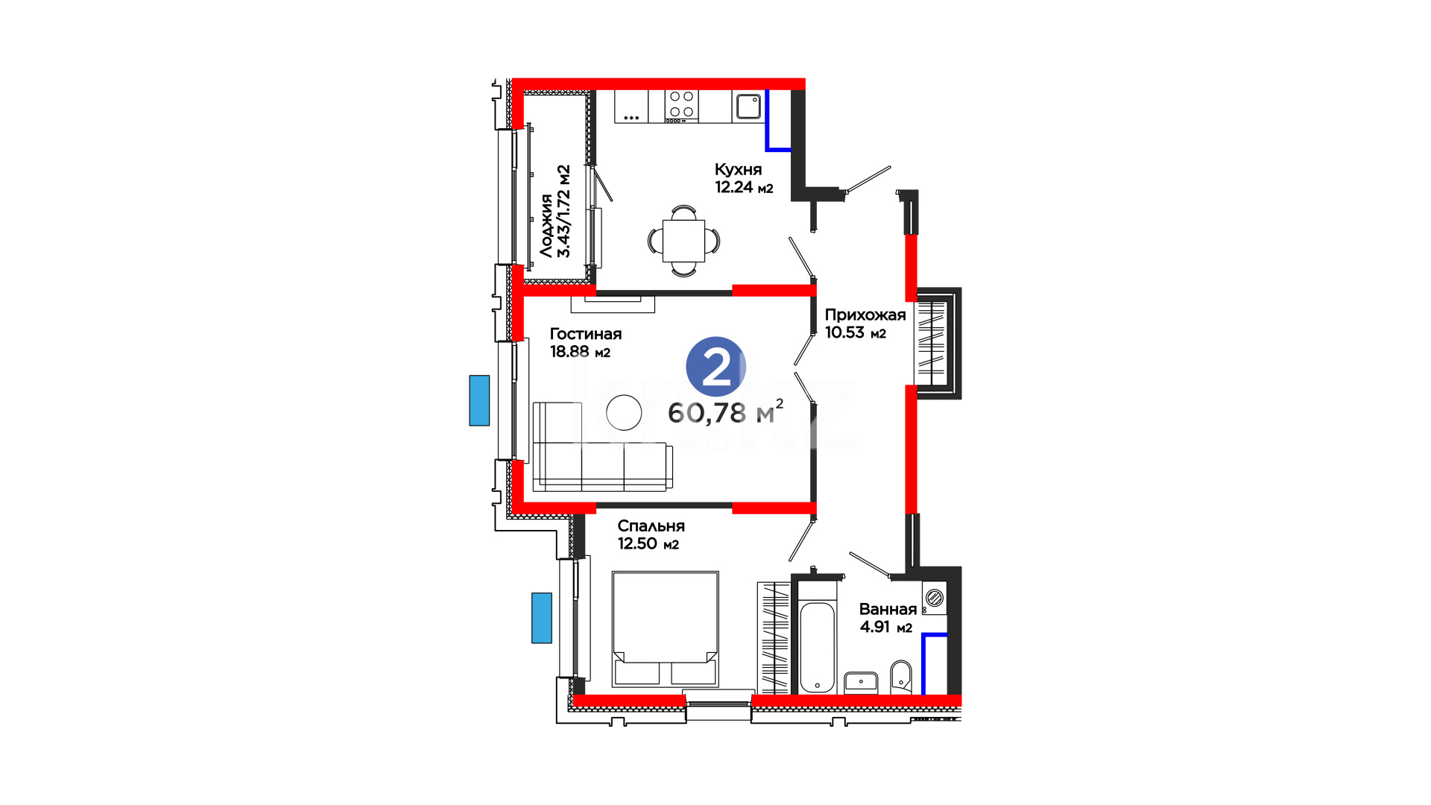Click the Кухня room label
pos(738,170)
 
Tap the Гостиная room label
pos(586,334)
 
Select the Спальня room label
pos(651,526)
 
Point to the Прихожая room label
pos(865,315)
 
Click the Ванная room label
pos(888,609)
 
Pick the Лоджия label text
pos(547,226)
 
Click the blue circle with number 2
pos(715,367)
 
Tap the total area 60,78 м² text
pos(725,412)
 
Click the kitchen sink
pos(748,107)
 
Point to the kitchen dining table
pos(683,241)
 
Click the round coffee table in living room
pos(624,412)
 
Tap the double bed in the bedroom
pos(666,629)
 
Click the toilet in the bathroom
pos(901,677)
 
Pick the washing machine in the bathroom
pos(934,598)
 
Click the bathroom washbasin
pos(861,683)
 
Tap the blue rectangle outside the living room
pos(479,400)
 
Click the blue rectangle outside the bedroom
pos(542,618)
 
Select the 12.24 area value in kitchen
pos(734,187)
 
